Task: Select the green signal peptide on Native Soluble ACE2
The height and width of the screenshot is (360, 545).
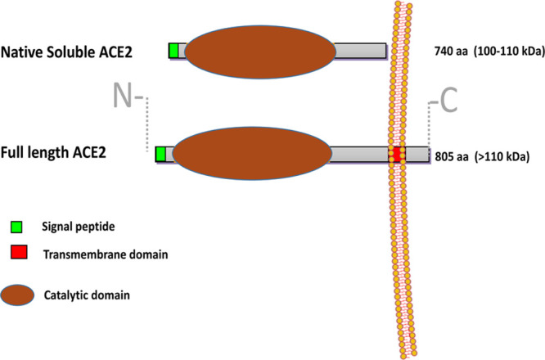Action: pos(174,51)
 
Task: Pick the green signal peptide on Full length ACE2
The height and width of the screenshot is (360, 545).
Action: pos(160,154)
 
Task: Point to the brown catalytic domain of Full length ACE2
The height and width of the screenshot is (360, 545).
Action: pos(250,155)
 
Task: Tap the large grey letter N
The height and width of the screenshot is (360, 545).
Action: pos(124,98)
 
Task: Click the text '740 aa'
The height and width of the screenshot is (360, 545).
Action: pos(451,53)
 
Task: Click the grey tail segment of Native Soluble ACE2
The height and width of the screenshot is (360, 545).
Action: pos(360,51)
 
